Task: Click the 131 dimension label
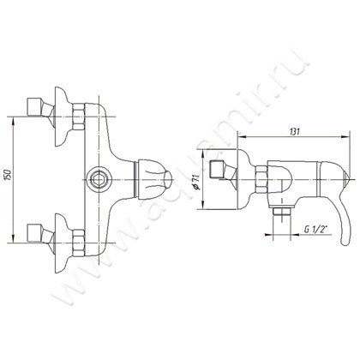click(x=295, y=132)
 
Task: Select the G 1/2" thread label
click(x=316, y=229)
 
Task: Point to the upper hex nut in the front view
click(x=79, y=117)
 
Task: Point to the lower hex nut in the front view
click(x=79, y=243)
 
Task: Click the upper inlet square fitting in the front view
click(x=35, y=107)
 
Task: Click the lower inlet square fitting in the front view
click(x=35, y=232)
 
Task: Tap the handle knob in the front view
click(x=153, y=179)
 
